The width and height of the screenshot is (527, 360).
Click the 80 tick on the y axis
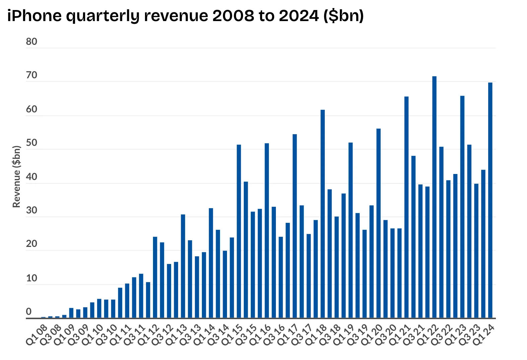31,42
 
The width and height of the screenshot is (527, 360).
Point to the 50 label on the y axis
31,143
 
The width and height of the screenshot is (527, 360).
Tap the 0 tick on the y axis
29,312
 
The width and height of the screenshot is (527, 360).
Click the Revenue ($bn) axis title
16,176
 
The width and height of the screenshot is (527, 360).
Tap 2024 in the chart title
299,16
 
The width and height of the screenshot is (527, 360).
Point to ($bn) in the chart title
344,16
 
